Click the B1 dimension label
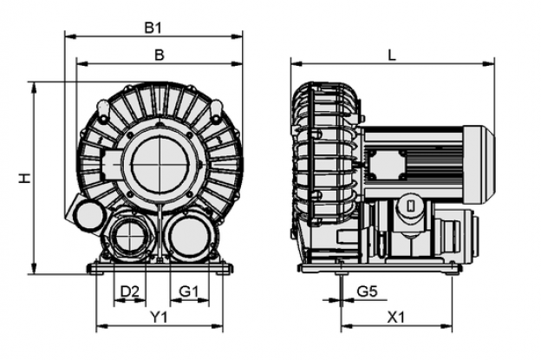[153, 28]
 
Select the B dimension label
[159, 55]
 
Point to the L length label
[392, 56]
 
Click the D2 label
[129, 292]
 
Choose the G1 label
[189, 292]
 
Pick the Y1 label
[159, 317]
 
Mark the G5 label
[367, 292]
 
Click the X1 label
[395, 317]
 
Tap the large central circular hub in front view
[160, 163]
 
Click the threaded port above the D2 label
[130, 237]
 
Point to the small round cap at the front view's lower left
[89, 216]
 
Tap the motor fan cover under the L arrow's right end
[479, 164]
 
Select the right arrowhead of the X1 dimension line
[446, 325]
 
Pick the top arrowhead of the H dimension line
[34, 88]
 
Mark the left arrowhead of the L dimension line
[297, 63]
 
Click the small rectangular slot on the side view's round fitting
[411, 206]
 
